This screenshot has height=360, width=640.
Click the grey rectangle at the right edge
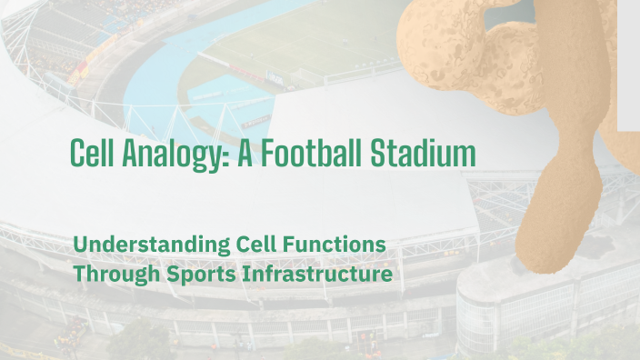629,64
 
